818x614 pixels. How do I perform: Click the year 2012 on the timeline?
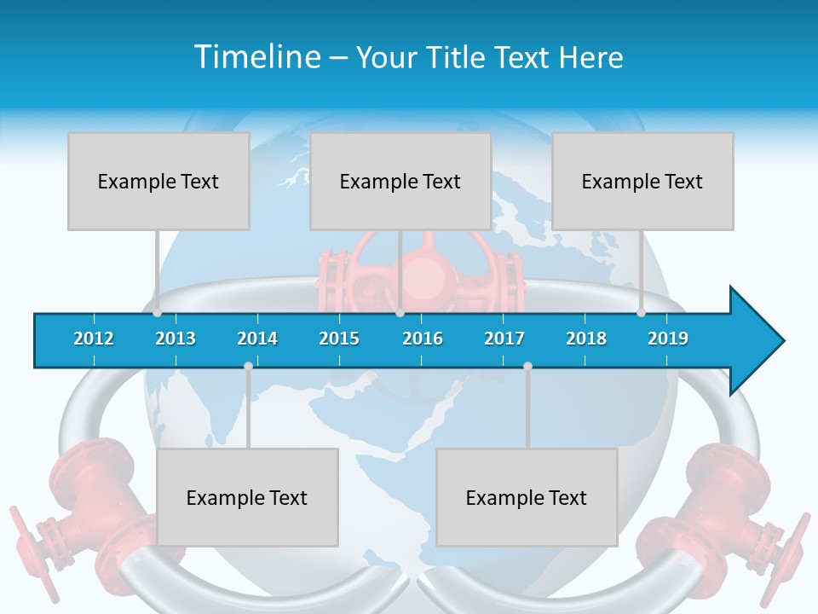tap(94, 339)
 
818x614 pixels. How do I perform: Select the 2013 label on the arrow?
tap(176, 339)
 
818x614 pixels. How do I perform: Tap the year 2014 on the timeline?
tap(257, 339)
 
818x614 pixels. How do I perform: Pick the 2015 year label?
tap(339, 339)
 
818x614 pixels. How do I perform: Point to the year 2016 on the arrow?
tap(423, 339)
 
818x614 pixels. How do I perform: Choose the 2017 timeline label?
tap(504, 339)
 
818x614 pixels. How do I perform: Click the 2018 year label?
tap(586, 339)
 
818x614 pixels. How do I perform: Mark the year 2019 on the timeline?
tap(668, 339)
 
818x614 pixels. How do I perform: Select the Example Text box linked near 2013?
tap(158, 181)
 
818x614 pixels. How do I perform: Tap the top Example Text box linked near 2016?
tap(400, 181)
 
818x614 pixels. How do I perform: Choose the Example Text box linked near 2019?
tap(642, 181)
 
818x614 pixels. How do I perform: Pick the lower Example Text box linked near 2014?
tap(247, 497)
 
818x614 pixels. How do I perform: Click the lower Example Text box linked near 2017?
tap(527, 497)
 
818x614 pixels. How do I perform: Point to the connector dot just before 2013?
tap(158, 313)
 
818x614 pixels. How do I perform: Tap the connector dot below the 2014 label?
tap(248, 367)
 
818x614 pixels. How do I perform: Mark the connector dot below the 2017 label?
tap(527, 367)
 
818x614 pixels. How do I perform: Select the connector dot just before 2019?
tap(642, 313)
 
